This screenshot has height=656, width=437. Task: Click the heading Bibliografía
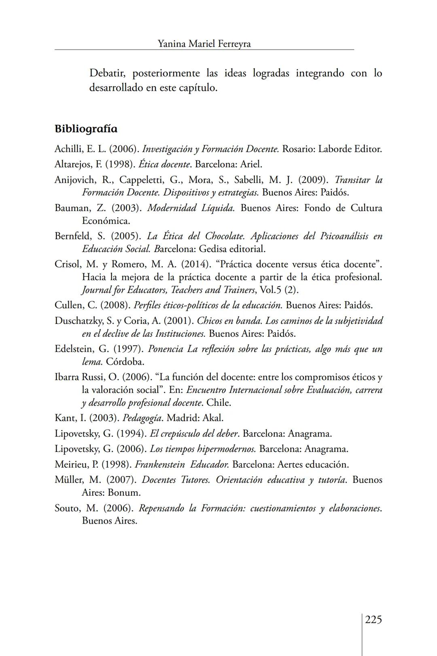click(x=86, y=129)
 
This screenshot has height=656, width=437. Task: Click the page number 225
click(x=373, y=620)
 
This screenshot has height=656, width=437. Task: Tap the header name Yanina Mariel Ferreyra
click(x=204, y=44)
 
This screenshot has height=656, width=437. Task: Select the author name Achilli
click(x=68, y=149)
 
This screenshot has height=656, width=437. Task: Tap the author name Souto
click(x=66, y=508)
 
